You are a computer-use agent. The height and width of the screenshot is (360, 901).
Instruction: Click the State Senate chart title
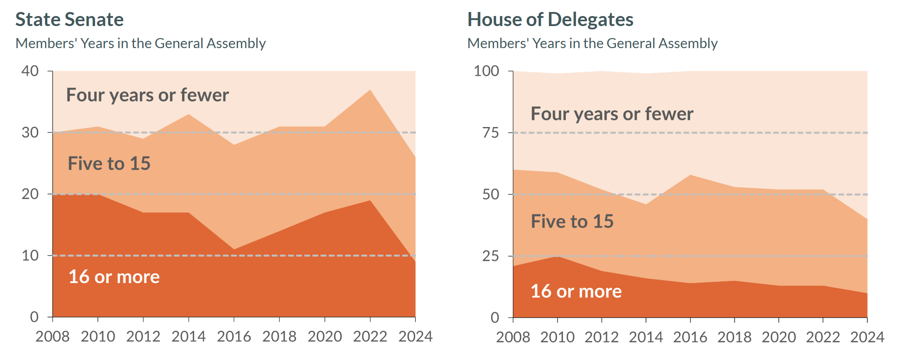[69, 20]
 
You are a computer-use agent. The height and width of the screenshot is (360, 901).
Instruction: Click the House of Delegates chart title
[550, 20]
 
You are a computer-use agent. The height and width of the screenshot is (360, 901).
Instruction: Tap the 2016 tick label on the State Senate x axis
[234, 337]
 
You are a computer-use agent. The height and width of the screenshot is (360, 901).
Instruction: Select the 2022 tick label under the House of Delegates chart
[823, 337]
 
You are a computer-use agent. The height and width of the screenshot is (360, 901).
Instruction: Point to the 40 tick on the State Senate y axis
[30, 71]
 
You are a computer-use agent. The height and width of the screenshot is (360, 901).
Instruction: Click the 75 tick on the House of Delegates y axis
[490, 133]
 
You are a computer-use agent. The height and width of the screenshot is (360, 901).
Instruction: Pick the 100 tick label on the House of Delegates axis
[486, 71]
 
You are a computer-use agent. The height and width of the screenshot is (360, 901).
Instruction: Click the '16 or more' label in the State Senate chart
[114, 277]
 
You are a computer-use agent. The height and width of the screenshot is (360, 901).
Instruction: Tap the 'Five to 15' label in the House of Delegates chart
[572, 221]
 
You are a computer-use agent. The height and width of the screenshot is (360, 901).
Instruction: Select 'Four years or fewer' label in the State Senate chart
[147, 95]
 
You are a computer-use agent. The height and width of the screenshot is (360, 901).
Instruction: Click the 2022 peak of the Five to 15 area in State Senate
[370, 90]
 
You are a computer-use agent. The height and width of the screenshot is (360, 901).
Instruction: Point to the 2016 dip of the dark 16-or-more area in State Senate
[234, 249]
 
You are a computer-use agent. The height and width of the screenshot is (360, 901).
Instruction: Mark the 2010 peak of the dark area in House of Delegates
[557, 256]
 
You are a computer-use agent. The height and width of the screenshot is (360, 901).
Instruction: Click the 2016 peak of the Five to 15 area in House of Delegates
[690, 175]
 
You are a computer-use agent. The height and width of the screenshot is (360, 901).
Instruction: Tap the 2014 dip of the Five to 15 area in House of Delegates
[646, 204]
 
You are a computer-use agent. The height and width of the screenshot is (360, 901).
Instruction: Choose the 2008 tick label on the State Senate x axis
[53, 337]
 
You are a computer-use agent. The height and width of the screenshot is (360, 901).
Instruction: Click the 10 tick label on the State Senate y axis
[30, 255]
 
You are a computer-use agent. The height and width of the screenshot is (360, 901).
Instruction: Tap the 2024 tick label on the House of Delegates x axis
[867, 337]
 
